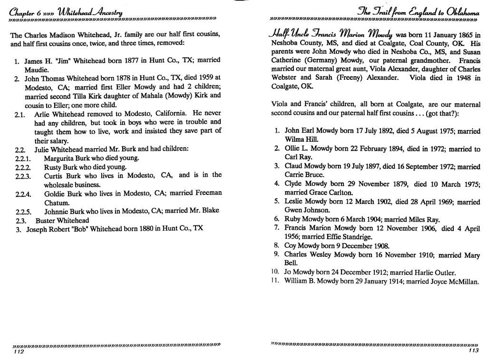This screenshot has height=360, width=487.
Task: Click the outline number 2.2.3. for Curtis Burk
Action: [x=23, y=175]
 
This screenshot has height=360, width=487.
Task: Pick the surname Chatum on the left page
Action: [x=58, y=203]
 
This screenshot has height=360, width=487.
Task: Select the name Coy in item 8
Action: [x=291, y=246]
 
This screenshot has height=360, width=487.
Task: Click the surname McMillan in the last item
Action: [x=462, y=282]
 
